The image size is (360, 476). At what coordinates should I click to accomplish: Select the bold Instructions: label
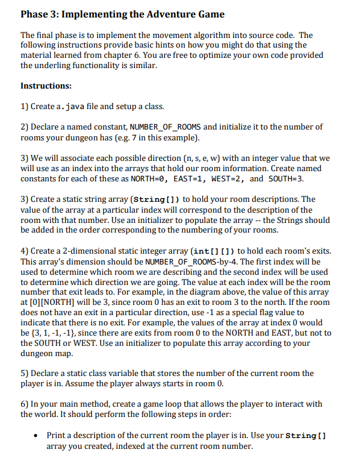46,86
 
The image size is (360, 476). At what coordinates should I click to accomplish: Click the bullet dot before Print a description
38,436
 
